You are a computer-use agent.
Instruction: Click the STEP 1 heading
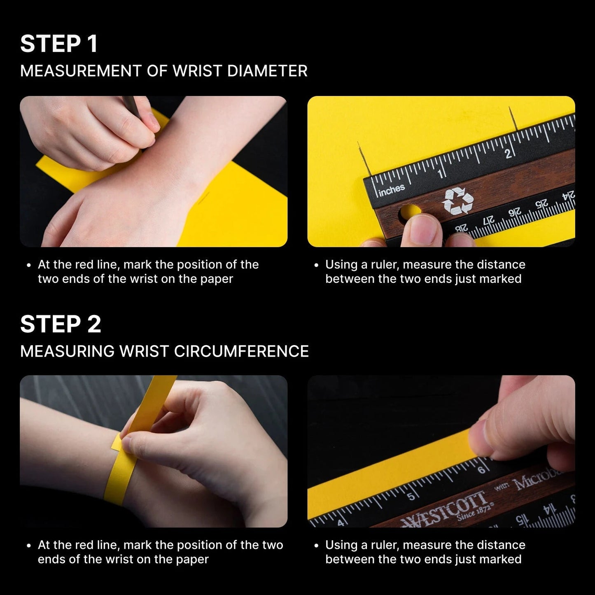click(x=59, y=44)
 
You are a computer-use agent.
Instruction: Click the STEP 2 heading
click(x=61, y=324)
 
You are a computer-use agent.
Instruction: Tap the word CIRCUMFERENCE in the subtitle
click(x=241, y=351)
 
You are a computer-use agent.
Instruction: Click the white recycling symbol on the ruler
click(x=457, y=201)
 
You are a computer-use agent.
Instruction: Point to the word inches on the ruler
click(x=392, y=190)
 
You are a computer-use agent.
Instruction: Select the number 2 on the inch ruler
click(x=508, y=154)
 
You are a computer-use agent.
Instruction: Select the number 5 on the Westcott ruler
click(x=411, y=496)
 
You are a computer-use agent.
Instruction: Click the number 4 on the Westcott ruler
click(x=341, y=523)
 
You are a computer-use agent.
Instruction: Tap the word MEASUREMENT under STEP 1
click(x=81, y=71)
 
